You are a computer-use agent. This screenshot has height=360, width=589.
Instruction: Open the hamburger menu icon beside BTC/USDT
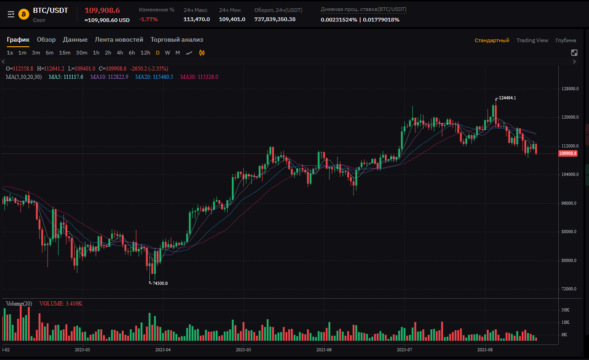[11, 15]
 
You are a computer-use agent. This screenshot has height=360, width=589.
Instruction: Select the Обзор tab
[46, 40]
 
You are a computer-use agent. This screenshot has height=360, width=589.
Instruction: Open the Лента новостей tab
[119, 40]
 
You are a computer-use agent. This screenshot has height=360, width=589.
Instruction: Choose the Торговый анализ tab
[177, 40]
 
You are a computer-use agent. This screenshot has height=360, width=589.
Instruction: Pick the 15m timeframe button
[65, 53]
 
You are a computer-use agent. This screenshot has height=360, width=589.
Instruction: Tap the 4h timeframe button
[120, 53]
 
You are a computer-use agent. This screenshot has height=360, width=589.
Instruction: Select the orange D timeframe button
[158, 53]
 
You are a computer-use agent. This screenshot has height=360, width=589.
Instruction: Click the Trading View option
[532, 40]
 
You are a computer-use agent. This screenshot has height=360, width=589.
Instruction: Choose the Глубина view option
[566, 40]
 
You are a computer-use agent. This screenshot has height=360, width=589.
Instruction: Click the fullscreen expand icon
[574, 53]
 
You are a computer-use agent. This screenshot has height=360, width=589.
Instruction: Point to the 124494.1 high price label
[507, 98]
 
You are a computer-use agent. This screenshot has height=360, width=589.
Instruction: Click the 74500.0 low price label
[160, 284]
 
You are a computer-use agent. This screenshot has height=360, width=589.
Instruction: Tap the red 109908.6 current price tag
[568, 153]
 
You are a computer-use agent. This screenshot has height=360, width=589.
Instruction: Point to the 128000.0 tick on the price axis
[570, 89]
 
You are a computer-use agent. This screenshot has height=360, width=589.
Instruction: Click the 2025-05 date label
[243, 350]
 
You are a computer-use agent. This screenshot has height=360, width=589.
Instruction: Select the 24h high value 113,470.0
[196, 19]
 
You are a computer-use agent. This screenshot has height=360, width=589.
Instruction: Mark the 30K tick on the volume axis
[565, 310]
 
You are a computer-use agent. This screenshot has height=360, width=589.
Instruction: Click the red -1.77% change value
[148, 19]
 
